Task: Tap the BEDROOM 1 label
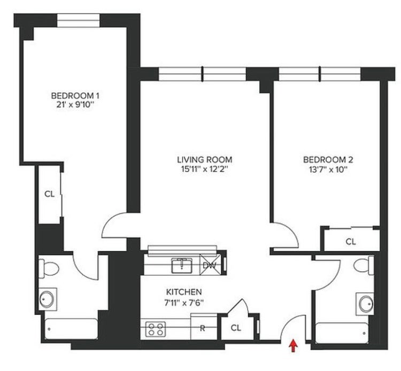coord(75,96)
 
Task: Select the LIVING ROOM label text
coord(205,160)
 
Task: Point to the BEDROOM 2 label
coord(328,160)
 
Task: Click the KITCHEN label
coord(184,292)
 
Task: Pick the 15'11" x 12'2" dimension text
coord(205,169)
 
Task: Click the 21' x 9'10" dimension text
coord(75,105)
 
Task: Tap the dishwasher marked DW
coord(209,265)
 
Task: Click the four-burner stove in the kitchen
coord(156,329)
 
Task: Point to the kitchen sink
coord(182,265)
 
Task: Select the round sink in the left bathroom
coord(47,299)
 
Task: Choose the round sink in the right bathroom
coord(366,304)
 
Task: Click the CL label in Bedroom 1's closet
coord(50,194)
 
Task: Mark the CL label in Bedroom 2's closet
coord(351,242)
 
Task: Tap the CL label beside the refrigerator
coord(236,328)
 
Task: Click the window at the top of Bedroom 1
coord(78,20)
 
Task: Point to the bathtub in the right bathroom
coord(342,333)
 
